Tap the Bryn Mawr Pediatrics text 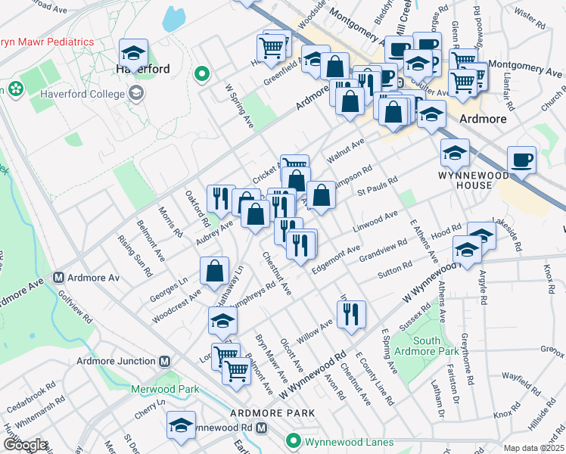point(47,42)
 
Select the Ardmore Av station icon point(58,278)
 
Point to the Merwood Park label point(166,389)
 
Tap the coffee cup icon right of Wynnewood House point(521,161)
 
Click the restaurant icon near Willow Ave point(350,314)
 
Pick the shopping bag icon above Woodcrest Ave point(215,270)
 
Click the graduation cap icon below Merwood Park point(181,426)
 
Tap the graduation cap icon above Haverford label point(133,54)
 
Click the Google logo point(24,445)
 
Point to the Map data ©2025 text point(532,448)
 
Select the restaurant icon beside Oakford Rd point(220,199)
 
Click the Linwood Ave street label point(375,222)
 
